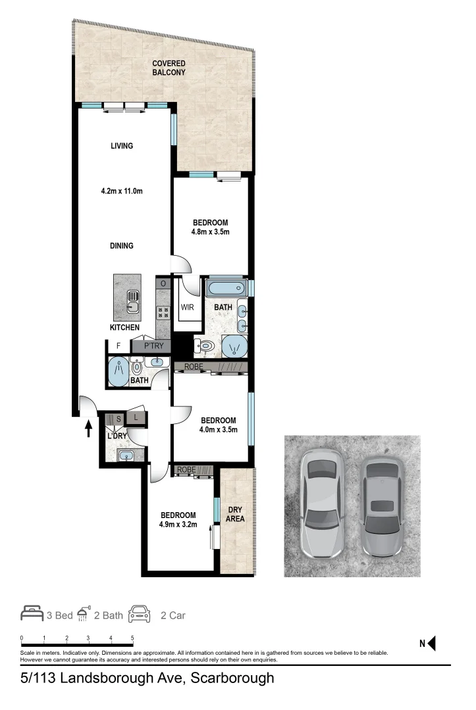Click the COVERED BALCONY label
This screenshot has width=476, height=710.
(169, 68)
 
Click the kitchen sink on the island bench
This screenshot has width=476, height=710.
(132, 300)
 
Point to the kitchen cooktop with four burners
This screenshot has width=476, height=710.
(163, 312)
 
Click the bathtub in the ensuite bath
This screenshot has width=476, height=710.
(225, 288)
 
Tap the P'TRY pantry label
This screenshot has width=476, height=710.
(151, 346)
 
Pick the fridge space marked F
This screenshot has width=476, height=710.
(119, 346)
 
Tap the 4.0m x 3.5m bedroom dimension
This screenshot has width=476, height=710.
(218, 430)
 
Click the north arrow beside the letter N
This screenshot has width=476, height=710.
(432, 644)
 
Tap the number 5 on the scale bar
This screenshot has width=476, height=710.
(133, 638)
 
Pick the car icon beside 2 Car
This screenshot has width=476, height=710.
(140, 615)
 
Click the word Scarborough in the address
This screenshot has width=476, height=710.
(231, 678)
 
